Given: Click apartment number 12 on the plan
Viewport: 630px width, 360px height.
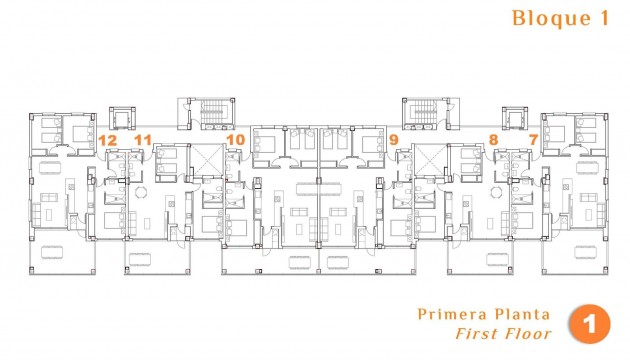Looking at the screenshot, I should point(107,140).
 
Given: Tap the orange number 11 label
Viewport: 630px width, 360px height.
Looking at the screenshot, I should point(143,140).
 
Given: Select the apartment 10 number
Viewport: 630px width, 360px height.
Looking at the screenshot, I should point(235,140).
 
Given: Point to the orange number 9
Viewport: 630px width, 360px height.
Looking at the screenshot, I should point(393,140).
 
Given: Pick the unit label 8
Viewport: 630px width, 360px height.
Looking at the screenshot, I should point(493,140).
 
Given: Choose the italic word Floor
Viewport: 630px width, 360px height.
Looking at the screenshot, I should point(526,334).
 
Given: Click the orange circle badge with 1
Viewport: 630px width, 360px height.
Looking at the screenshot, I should point(589,324).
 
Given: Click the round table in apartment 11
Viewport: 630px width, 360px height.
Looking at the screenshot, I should point(141,192).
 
